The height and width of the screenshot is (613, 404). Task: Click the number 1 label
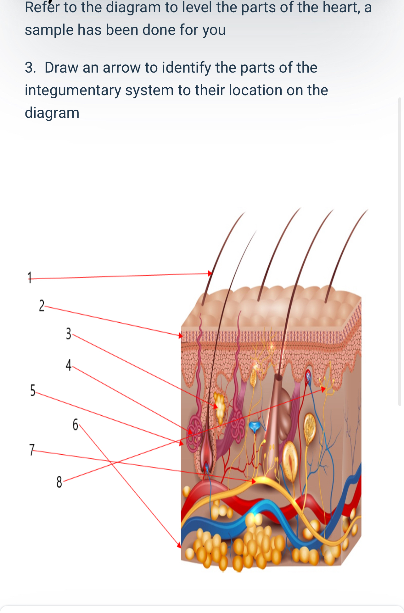click(x=30, y=278)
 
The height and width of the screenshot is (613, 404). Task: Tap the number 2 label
click(x=42, y=306)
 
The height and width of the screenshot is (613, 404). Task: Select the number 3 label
click(x=69, y=334)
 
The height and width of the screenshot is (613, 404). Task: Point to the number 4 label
click(x=69, y=365)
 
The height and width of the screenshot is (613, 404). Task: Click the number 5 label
click(x=33, y=390)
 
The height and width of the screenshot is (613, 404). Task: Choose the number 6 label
click(x=75, y=424)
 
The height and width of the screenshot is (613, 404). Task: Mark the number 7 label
click(x=32, y=450)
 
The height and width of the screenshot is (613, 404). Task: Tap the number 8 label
click(x=59, y=482)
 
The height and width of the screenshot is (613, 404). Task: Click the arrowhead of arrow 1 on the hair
click(x=210, y=273)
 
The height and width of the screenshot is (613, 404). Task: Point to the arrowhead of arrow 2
click(x=181, y=336)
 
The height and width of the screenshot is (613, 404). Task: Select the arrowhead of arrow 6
click(x=179, y=545)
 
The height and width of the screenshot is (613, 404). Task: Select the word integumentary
click(x=73, y=90)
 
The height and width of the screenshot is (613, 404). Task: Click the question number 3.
click(x=30, y=68)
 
